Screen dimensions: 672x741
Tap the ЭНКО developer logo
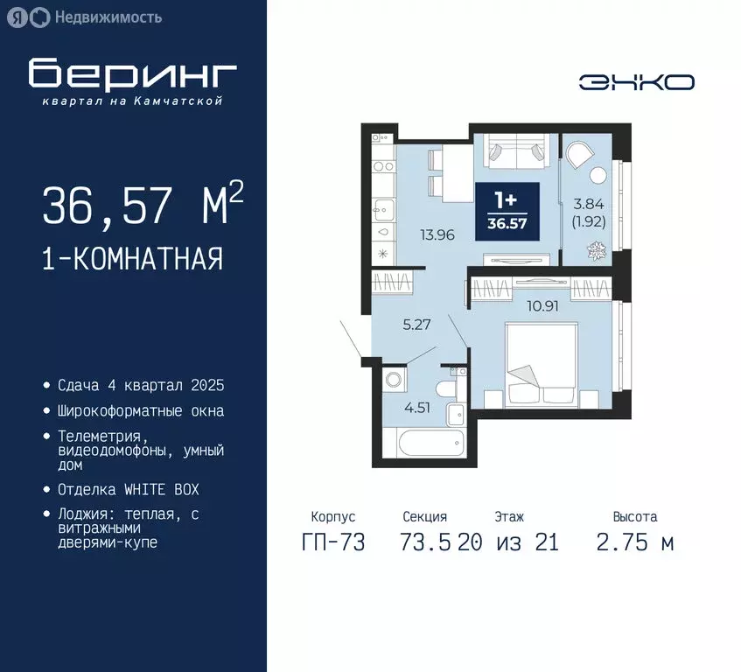click(x=636, y=82)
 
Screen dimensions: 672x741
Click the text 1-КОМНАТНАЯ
click(x=132, y=259)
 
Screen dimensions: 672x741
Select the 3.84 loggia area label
click(x=590, y=204)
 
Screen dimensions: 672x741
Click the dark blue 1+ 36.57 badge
click(x=507, y=211)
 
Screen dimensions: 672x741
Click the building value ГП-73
click(x=332, y=542)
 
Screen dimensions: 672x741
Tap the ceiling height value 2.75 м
click(x=634, y=542)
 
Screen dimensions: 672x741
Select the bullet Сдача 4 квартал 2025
click(x=141, y=385)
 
